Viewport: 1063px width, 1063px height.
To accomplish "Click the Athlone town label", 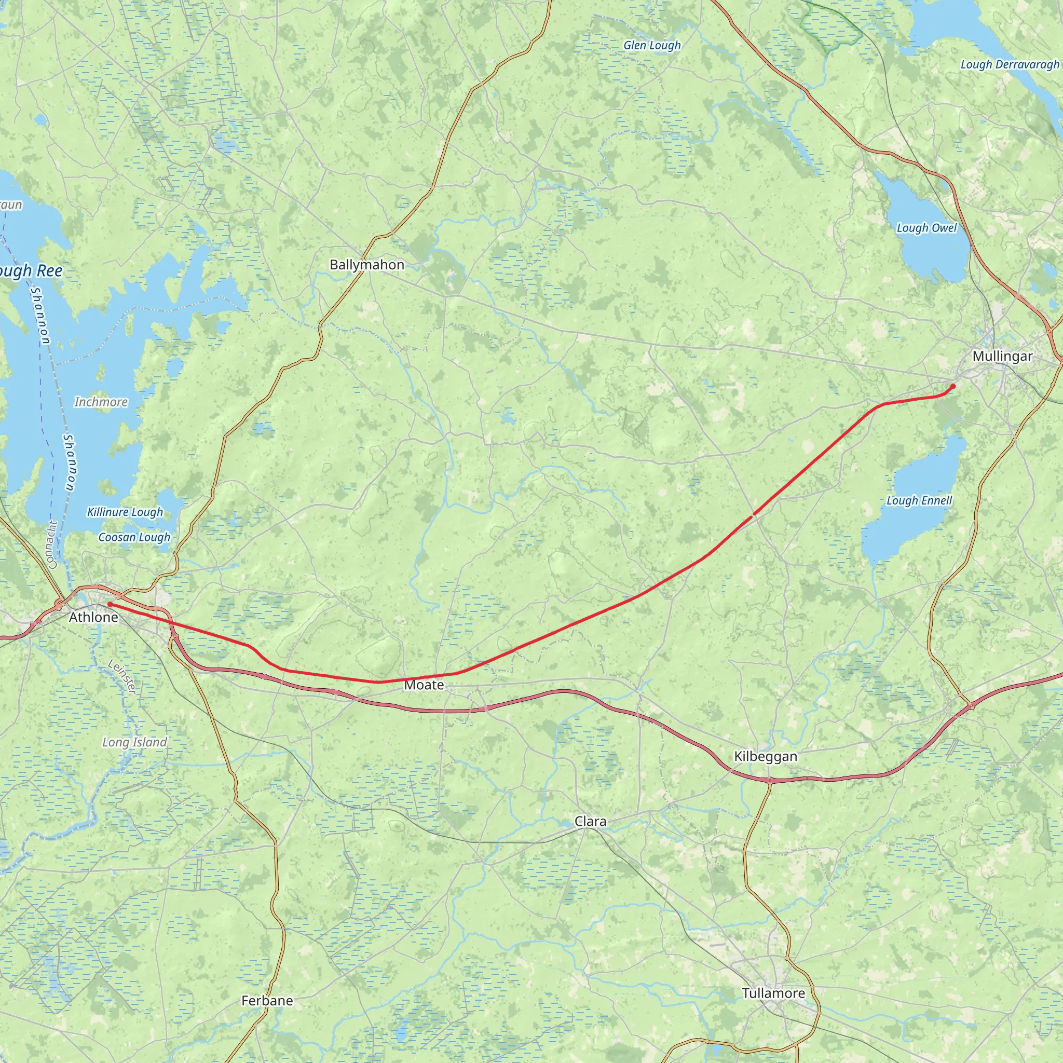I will [x=93, y=617].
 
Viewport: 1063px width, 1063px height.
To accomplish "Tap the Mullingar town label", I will [x=1002, y=356].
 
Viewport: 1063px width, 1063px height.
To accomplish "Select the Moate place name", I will [x=424, y=685].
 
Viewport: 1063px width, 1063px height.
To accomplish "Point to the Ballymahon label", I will [x=367, y=265].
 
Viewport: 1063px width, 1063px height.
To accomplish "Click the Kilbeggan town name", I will [x=766, y=757].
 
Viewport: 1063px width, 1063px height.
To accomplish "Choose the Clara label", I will [x=590, y=822].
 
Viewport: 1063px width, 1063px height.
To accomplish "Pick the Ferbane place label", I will [x=267, y=1000].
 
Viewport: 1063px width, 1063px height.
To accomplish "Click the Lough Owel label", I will [x=926, y=228].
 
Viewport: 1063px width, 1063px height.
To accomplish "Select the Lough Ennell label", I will [x=919, y=501].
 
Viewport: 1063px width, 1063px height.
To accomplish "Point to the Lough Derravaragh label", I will [x=1010, y=64].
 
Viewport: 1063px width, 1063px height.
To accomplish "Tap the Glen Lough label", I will [x=652, y=45].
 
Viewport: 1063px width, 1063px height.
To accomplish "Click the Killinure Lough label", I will [x=125, y=512].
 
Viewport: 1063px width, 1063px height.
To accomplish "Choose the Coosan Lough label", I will [x=134, y=537].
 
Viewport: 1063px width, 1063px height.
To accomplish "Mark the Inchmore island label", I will [x=101, y=402].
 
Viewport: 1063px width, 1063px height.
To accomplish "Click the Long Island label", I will [x=134, y=742].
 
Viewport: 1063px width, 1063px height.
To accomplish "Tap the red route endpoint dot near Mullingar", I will [x=953, y=386].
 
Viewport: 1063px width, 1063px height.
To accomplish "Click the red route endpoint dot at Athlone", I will [x=110, y=604].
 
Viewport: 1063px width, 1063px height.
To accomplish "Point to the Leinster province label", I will [x=122, y=677].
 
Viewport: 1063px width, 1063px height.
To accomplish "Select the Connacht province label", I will [x=52, y=544].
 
